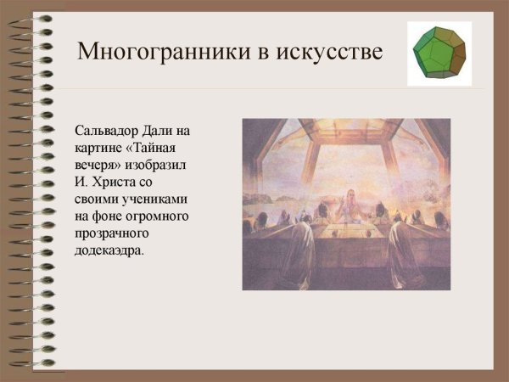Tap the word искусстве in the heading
327,52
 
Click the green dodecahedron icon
439,53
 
